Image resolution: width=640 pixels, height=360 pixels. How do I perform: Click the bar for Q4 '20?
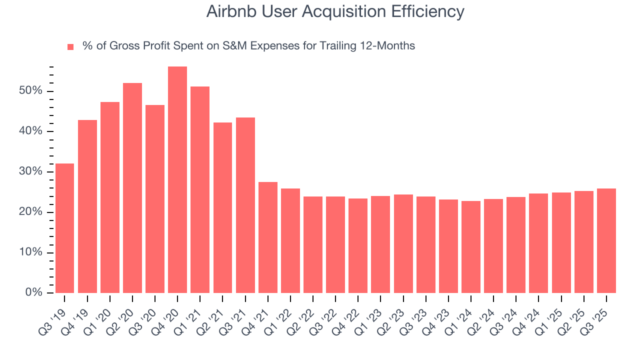point(177,180)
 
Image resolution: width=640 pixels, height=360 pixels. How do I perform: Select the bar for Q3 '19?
point(64,228)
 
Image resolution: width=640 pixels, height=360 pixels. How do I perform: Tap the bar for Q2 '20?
point(132,188)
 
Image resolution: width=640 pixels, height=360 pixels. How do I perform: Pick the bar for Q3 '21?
point(245,205)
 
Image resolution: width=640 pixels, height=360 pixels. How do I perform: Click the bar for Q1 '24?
point(471,247)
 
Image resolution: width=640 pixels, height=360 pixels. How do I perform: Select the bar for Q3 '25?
point(606,240)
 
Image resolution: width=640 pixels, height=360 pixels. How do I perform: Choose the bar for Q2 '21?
point(222,207)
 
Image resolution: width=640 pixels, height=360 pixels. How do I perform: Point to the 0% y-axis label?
point(33,292)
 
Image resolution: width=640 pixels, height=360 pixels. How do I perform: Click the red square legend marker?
point(70,46)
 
